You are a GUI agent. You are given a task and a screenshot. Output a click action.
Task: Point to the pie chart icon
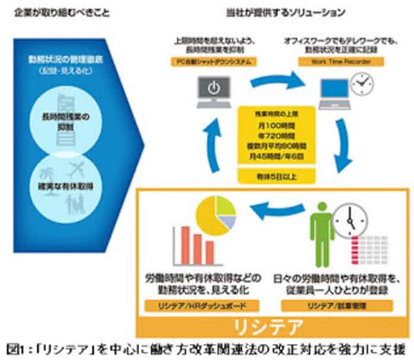[x=216, y=214]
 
